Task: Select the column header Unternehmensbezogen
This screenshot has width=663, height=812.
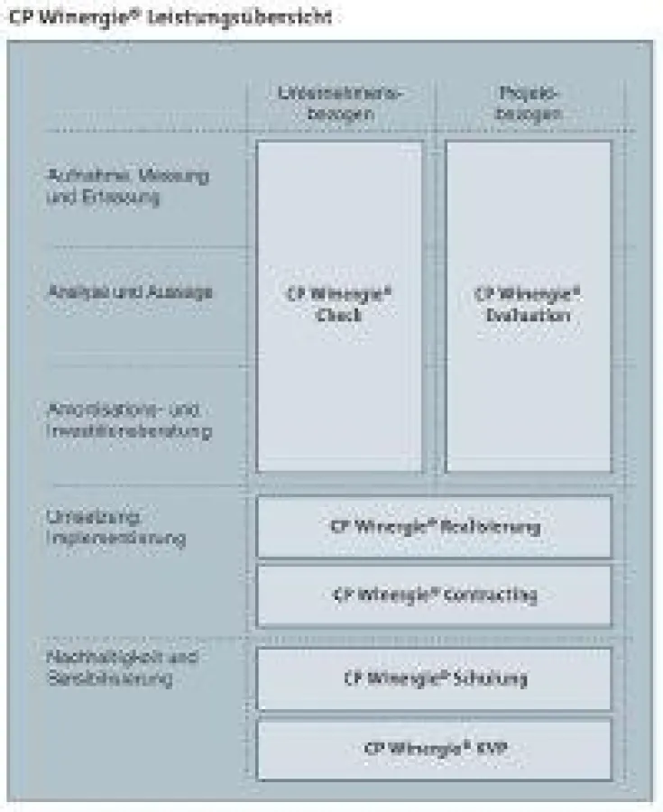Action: click(x=340, y=103)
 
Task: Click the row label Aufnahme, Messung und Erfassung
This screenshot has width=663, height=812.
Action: click(x=127, y=186)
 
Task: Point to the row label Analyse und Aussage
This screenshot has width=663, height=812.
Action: click(x=129, y=291)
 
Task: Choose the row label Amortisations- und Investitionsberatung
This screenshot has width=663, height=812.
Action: click(x=129, y=420)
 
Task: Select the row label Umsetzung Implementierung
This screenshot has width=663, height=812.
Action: click(x=115, y=528)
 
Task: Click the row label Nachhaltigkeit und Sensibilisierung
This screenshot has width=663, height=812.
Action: click(x=122, y=667)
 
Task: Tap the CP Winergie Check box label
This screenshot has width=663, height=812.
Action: click(x=339, y=305)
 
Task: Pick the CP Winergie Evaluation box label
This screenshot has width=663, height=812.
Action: click(x=528, y=305)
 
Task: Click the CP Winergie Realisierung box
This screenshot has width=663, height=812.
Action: click(x=434, y=527)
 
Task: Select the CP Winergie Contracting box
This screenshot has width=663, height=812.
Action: click(x=434, y=595)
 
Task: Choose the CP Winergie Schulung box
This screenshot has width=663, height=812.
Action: click(x=434, y=678)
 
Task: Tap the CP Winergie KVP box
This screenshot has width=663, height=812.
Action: click(x=434, y=749)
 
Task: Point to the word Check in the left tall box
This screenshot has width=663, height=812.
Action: click(x=339, y=316)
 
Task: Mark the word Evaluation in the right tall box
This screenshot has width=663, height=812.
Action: click(x=528, y=316)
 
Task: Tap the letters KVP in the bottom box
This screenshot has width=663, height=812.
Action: click(x=485, y=749)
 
